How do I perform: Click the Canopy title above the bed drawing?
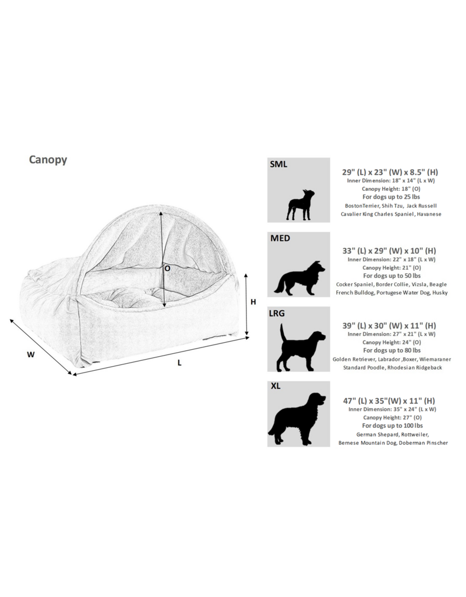point(48,160)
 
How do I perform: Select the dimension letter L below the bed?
point(179,362)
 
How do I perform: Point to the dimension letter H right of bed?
point(253,302)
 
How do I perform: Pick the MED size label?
point(280,238)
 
